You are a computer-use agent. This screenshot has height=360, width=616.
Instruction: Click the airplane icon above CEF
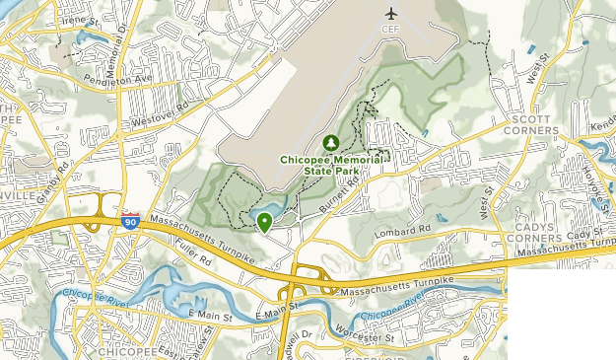pos(392,14)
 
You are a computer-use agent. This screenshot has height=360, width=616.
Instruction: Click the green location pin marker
pos(264,222)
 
